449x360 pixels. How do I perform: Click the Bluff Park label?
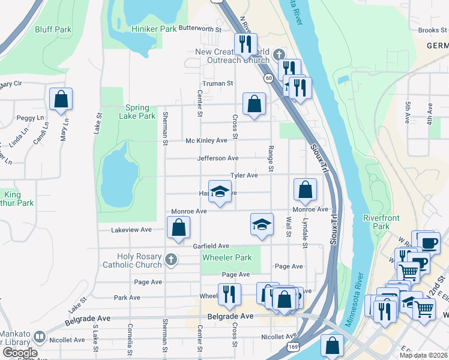(53, 29)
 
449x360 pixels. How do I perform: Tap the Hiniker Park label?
(154, 28)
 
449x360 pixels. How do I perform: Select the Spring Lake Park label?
(137, 112)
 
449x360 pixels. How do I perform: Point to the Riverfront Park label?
(376, 222)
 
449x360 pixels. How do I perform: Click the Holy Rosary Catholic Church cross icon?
(171, 260)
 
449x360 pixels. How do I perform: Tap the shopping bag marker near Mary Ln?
(61, 99)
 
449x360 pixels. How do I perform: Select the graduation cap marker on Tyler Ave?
(220, 191)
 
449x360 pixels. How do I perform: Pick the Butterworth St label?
(197, 28)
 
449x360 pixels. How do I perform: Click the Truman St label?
(217, 83)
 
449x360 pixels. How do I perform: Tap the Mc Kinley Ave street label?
(206, 140)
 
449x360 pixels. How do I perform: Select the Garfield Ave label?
(211, 246)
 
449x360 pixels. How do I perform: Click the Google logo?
(20, 352)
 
